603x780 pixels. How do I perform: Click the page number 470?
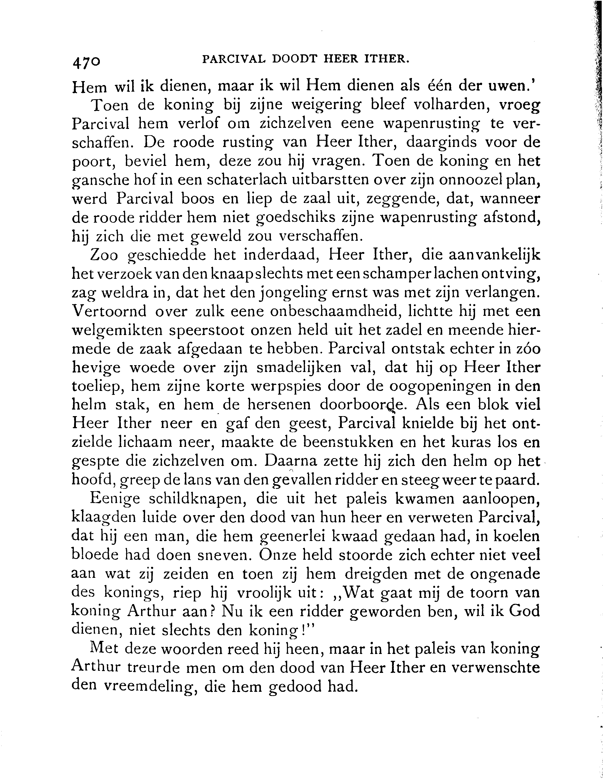[86, 62]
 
